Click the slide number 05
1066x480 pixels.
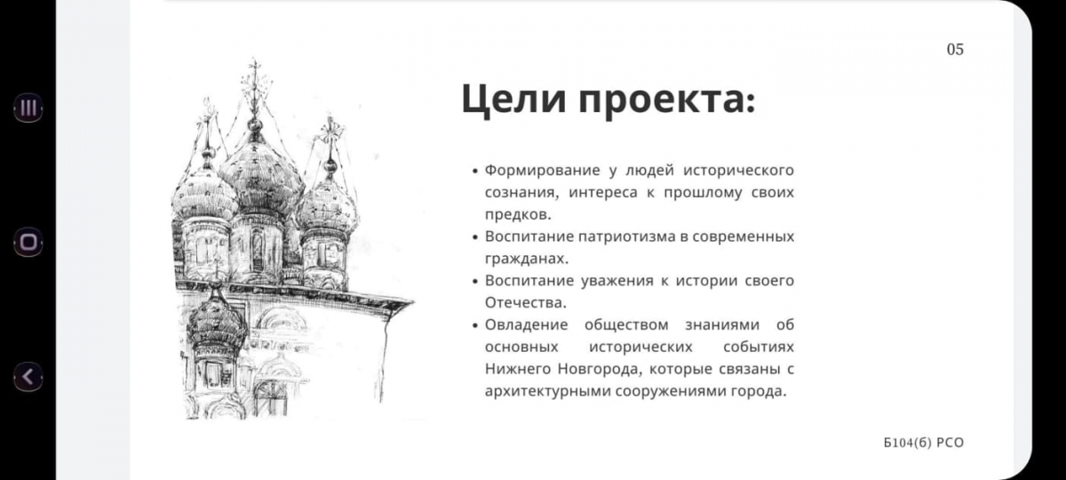(955, 50)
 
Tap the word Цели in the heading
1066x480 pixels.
(513, 99)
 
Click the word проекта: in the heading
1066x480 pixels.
(667, 101)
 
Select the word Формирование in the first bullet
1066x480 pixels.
(542, 170)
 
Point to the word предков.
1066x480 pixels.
(518, 214)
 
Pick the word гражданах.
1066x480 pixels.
(526, 259)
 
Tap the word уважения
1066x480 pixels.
(617, 281)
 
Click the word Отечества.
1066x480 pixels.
(525, 302)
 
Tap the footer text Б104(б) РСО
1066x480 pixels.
(923, 443)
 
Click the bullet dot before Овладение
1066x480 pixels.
(474, 325)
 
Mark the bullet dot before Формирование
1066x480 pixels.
(474, 171)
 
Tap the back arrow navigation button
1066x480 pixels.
(28, 377)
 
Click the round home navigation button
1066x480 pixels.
(28, 242)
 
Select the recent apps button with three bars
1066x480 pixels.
(28, 108)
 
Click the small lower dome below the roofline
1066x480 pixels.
(218, 319)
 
